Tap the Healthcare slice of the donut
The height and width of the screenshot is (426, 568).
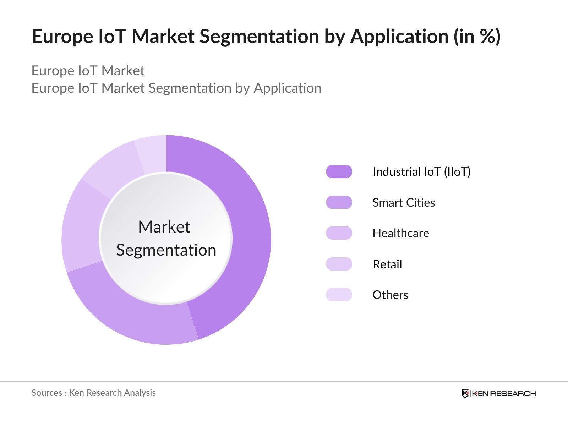[81, 227]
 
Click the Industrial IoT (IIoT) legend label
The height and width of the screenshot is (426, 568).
[421, 172]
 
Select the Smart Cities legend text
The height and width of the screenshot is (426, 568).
[404, 203]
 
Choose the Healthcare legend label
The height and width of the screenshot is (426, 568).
[401, 233]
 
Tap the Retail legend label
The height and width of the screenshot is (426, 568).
[387, 264]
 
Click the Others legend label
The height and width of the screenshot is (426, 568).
[390, 295]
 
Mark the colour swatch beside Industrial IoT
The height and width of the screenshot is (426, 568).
[339, 172]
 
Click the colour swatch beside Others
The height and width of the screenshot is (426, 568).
[339, 295]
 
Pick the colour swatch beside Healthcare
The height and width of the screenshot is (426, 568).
[339, 233]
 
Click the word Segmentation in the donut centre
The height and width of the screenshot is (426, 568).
[166, 250]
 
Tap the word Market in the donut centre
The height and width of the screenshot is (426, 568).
[164, 227]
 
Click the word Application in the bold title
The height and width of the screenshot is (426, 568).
[399, 37]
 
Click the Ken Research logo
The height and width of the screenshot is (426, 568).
[498, 393]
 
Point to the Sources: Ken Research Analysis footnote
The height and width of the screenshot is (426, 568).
[94, 393]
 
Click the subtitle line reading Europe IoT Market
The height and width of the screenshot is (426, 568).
[88, 71]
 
